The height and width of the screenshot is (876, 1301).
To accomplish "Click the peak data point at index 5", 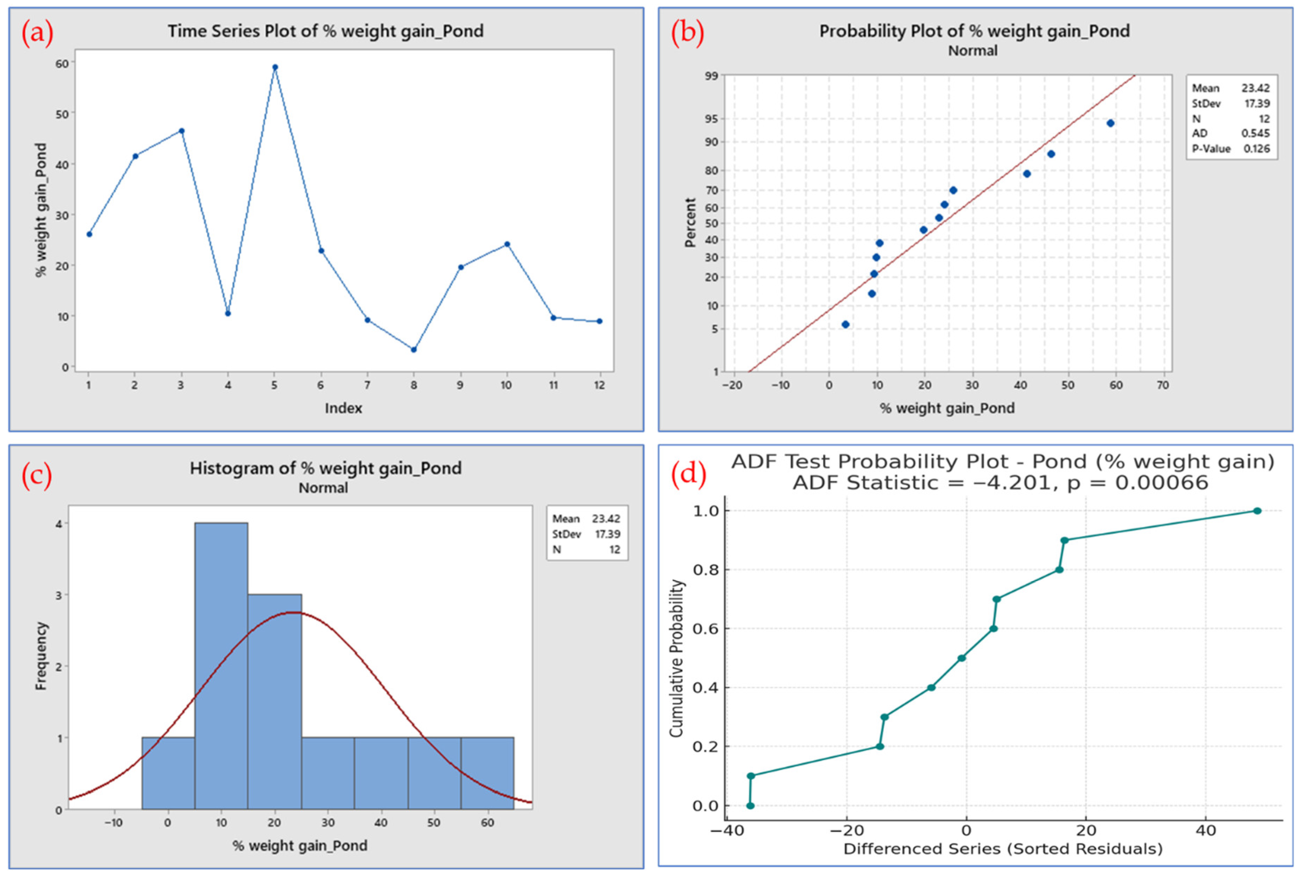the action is (275, 67).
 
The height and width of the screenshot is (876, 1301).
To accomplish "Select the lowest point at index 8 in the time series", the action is (414, 350).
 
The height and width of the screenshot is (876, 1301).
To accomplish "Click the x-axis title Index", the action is (343, 408).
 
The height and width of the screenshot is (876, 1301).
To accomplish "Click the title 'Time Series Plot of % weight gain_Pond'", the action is (325, 31).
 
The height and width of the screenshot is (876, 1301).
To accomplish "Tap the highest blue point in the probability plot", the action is (1110, 123).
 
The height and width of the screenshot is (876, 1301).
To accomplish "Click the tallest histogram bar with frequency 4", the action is (221, 666).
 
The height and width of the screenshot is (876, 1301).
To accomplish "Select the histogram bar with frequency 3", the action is (275, 702).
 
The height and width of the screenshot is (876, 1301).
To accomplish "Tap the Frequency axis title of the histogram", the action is (41, 656).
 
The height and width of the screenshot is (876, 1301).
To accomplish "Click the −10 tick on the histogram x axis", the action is (114, 823).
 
